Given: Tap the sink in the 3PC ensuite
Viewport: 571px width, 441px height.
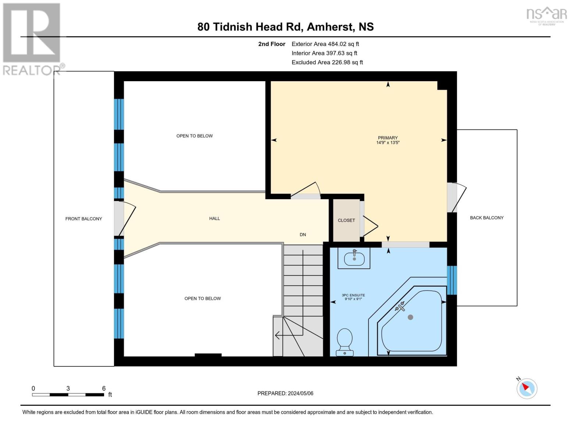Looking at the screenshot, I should [x=354, y=258].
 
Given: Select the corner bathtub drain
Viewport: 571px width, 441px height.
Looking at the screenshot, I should [x=410, y=317].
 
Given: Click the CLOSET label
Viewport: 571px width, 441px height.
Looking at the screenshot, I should [x=346, y=220].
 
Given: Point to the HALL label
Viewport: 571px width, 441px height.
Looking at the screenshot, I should [x=214, y=218].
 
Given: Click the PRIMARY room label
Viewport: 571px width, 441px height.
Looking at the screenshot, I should [x=388, y=138].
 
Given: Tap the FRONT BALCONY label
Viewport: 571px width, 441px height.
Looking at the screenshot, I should [x=83, y=219].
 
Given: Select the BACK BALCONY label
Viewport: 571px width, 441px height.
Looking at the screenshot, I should [x=486, y=218].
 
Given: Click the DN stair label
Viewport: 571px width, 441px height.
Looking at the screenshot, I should [x=303, y=234].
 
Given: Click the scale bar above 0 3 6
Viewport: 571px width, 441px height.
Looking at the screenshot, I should [x=68, y=395].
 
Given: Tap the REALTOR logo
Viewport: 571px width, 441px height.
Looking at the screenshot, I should [x=32, y=39].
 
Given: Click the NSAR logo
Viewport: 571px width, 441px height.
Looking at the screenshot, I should [x=547, y=15].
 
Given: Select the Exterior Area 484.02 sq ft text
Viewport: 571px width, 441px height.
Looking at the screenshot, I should [x=325, y=44].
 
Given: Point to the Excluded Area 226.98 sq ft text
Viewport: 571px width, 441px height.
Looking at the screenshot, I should [x=327, y=62].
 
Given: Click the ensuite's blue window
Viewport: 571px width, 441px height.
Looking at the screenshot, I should [x=452, y=280].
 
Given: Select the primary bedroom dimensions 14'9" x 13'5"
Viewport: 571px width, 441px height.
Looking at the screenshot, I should [x=388, y=143].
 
